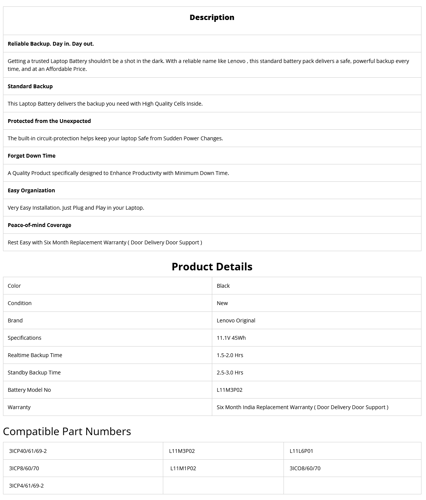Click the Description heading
212,17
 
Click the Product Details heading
212,267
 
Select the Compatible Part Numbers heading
67,431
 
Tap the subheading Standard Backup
30,86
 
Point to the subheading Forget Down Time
32,156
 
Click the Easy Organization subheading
31,190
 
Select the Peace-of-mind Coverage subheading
40,225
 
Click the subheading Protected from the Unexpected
49,121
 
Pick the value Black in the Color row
223,286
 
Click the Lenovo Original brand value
236,321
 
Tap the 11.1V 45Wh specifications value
231,338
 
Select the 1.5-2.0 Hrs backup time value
230,355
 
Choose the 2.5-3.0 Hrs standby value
230,373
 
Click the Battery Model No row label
29,390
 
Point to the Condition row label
20,303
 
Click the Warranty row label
19,407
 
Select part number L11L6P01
301,451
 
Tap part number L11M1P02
183,468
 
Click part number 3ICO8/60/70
305,468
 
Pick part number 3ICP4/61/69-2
26,486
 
